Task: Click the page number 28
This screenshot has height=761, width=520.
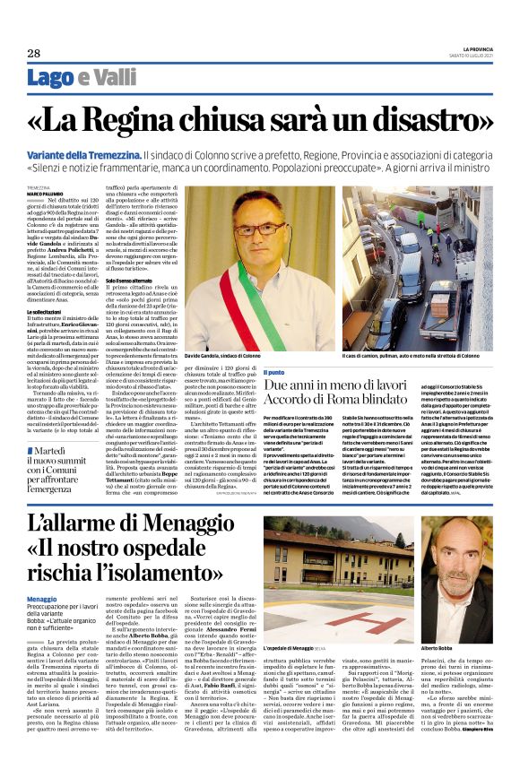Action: pos(34,54)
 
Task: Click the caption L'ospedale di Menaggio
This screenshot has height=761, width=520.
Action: pos(315,621)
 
